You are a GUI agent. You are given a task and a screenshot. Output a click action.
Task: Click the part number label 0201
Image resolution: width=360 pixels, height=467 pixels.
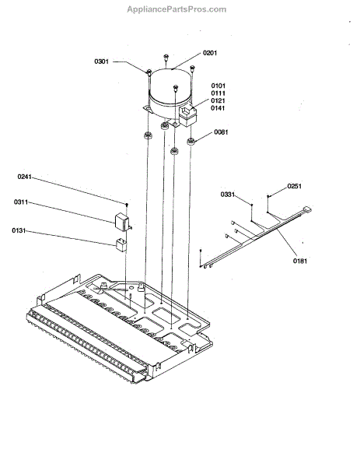pos(210,53)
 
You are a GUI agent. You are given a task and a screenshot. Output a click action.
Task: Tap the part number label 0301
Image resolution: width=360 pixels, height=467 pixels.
pos(101,61)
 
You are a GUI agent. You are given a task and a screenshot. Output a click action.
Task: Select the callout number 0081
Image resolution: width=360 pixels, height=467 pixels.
pos(221,132)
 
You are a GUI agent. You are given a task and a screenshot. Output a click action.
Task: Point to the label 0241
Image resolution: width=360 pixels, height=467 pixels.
pos(24,177)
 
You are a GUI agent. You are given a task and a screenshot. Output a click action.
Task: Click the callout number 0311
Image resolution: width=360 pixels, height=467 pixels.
pos(21,202)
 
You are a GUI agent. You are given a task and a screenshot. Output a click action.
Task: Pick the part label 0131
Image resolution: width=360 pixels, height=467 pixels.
pos(19,231)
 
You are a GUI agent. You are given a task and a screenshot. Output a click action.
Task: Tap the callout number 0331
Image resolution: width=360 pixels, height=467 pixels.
pos(228,195)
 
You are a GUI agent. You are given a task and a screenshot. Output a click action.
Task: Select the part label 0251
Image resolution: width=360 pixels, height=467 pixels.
pos(294,186)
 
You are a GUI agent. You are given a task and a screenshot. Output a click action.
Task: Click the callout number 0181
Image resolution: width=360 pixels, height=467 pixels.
pos(300,262)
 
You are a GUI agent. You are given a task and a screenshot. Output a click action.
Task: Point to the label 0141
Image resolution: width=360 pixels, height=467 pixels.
pos(218,108)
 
